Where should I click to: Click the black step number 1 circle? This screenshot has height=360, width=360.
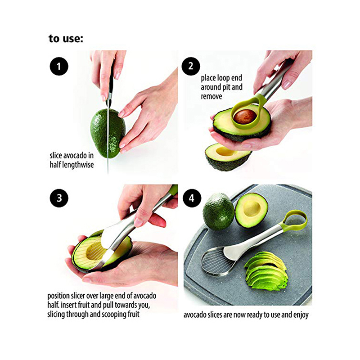pyautogui.click(x=59, y=66)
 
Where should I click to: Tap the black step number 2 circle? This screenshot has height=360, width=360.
pyautogui.click(x=191, y=66)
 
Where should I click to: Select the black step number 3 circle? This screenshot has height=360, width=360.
pyautogui.click(x=59, y=198)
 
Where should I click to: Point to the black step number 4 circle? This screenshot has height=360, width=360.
pyautogui.click(x=192, y=198)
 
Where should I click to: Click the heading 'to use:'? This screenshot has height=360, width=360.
pyautogui.click(x=66, y=38)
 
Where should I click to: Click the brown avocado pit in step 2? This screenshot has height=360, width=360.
pyautogui.click(x=245, y=117)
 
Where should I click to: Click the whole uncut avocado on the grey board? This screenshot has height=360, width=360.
pyautogui.click(x=219, y=211)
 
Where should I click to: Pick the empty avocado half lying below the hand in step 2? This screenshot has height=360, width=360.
pyautogui.click(x=228, y=157)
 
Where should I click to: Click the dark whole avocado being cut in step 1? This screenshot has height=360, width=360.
pyautogui.click(x=108, y=133)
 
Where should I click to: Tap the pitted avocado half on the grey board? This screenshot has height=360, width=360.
pyautogui.click(x=251, y=210)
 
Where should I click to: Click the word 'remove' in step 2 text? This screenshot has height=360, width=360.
pyautogui.click(x=211, y=96)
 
